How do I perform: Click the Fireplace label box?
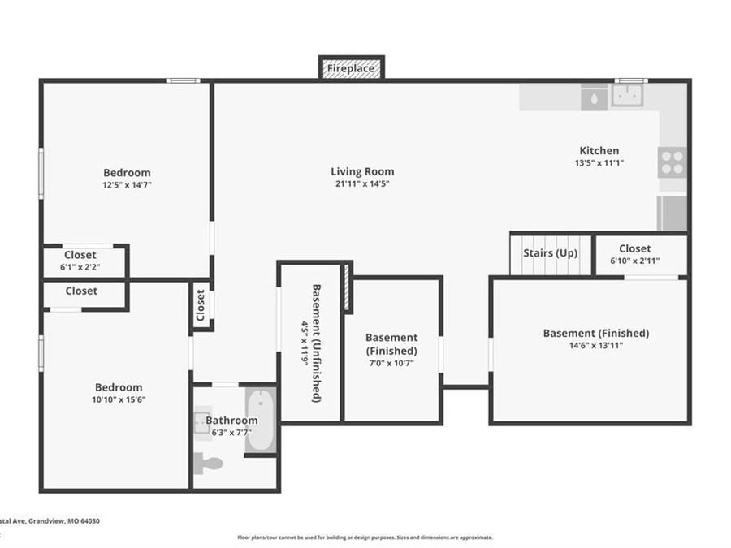(x=351, y=69)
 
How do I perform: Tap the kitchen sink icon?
(x=627, y=97)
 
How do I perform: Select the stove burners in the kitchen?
(x=672, y=162)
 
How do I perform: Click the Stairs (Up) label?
(x=550, y=252)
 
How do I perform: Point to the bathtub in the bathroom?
(x=261, y=420)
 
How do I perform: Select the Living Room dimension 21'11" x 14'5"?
(x=362, y=184)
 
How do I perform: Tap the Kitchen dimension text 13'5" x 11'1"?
(x=599, y=163)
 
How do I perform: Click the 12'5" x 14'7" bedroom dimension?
(x=127, y=185)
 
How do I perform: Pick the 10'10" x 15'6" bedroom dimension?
(x=119, y=399)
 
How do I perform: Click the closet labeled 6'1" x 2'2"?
(x=80, y=267)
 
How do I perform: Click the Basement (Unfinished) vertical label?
(x=317, y=343)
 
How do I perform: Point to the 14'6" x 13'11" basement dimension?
(x=595, y=346)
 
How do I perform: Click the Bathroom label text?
(x=231, y=420)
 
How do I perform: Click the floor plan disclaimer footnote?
(x=365, y=537)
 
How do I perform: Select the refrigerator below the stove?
(x=672, y=213)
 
